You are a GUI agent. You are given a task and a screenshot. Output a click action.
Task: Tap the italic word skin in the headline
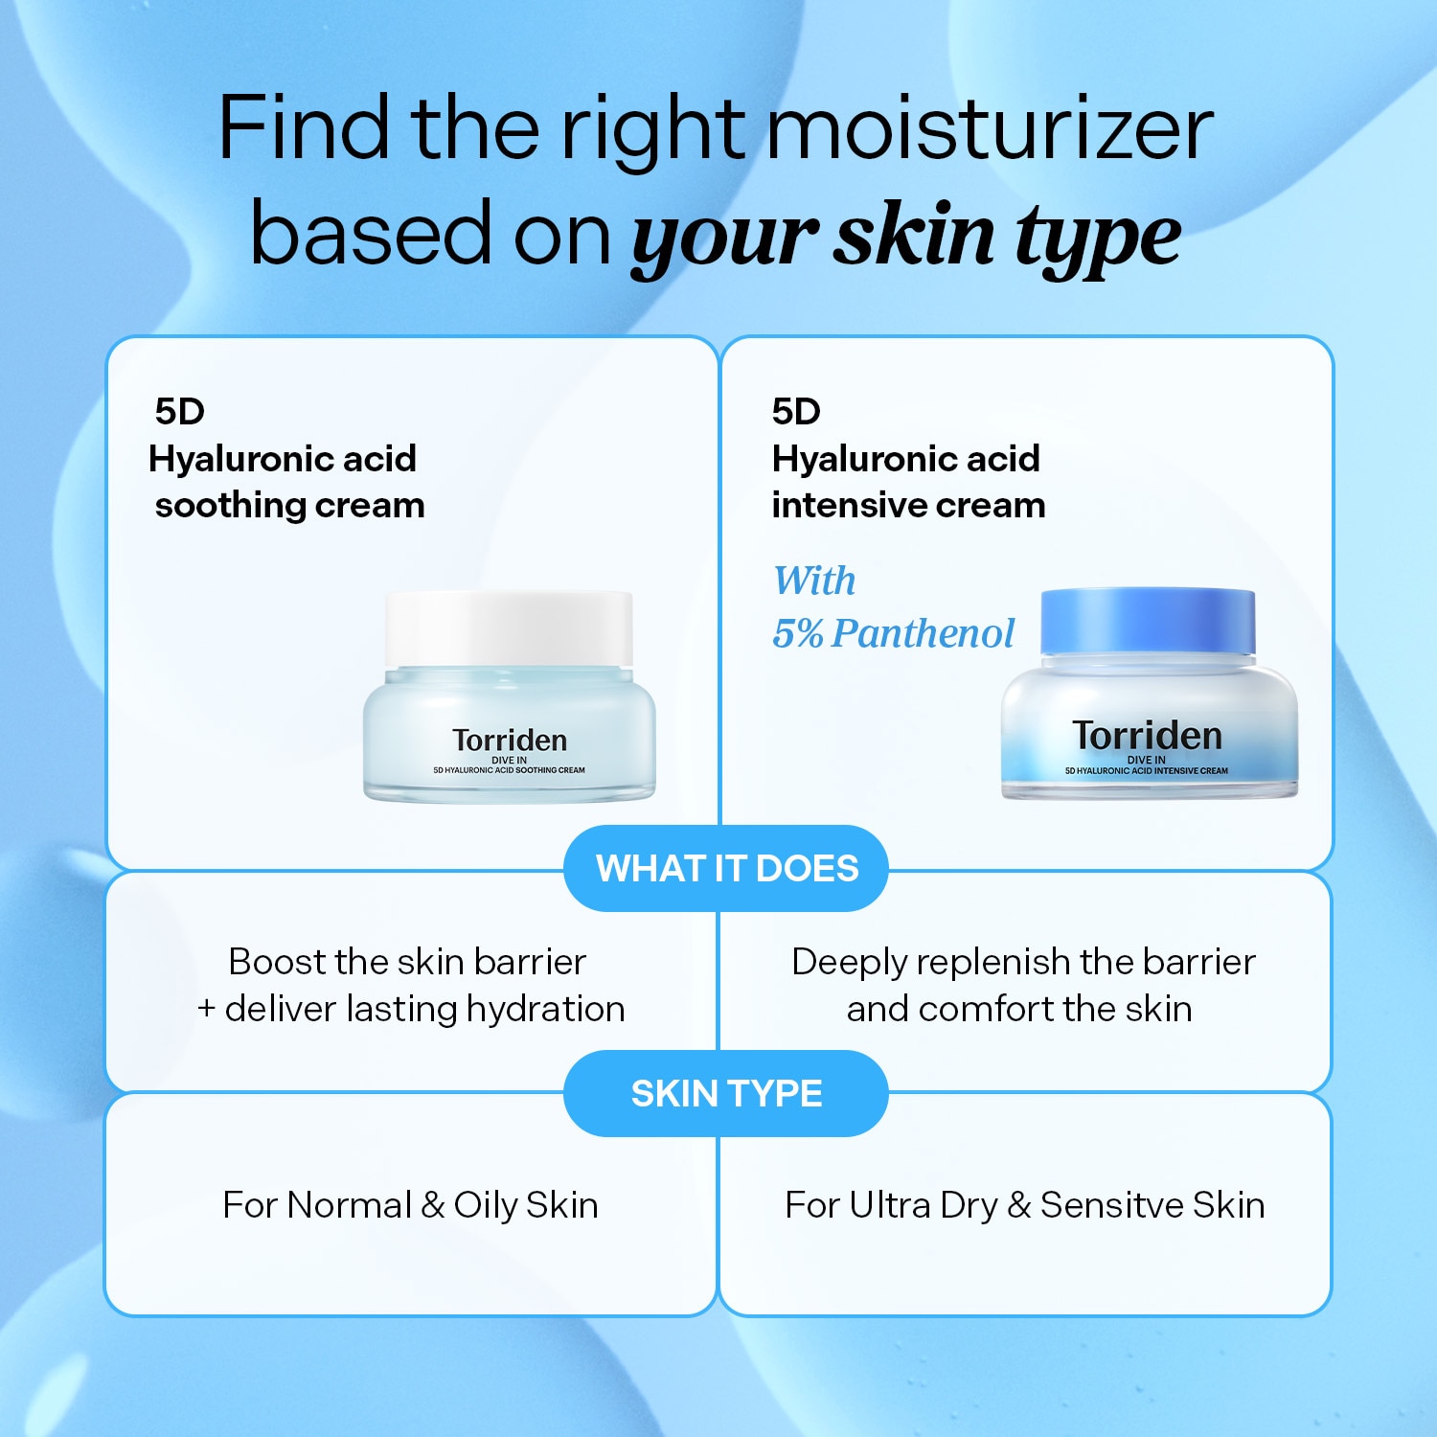[x=915, y=235]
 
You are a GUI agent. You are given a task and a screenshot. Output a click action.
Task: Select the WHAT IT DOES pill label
[x=727, y=868]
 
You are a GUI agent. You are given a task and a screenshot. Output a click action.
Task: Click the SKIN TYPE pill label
[x=726, y=1093]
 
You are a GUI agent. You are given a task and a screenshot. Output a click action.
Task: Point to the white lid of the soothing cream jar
[x=509, y=627]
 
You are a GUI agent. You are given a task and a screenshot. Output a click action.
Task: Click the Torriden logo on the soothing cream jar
[x=510, y=741]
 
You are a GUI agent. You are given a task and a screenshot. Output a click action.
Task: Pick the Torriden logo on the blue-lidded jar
[x=1147, y=736]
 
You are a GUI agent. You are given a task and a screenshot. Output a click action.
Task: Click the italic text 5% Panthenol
[x=893, y=633]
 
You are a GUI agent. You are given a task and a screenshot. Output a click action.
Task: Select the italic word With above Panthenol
[x=814, y=581]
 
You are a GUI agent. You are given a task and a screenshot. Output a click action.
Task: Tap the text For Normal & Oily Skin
[x=410, y=1205]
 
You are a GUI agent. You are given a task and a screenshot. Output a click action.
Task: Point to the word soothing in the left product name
[x=230, y=506]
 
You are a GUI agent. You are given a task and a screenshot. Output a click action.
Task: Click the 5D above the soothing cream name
[x=180, y=412]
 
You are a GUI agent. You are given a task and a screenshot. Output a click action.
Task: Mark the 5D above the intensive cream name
[x=796, y=412]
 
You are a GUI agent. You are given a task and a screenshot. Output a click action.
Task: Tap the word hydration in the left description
[x=545, y=1010]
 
